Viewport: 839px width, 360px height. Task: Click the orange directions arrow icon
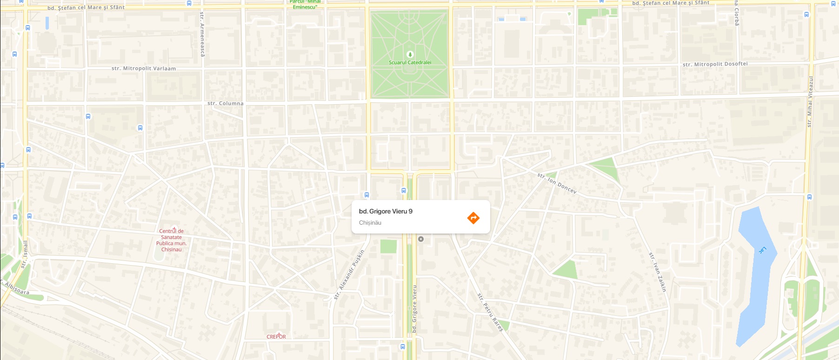pyautogui.click(x=473, y=218)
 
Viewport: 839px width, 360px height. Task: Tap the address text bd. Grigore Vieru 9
pyautogui.click(x=386, y=211)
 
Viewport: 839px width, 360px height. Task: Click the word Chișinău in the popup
pyautogui.click(x=370, y=223)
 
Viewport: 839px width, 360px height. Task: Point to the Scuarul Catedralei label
pyautogui.click(x=410, y=62)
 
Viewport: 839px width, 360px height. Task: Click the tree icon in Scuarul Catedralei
pyautogui.click(x=410, y=54)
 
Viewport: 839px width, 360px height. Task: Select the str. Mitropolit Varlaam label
pyautogui.click(x=144, y=68)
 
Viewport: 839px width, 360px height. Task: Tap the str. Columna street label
pyautogui.click(x=225, y=103)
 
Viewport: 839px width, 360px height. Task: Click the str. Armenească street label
pyautogui.click(x=202, y=34)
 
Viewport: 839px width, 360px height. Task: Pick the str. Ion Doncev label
pyautogui.click(x=557, y=183)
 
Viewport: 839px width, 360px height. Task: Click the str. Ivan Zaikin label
pyautogui.click(x=658, y=272)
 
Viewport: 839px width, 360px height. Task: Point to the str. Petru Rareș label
pyautogui.click(x=490, y=312)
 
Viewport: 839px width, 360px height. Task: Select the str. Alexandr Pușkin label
pyautogui.click(x=349, y=274)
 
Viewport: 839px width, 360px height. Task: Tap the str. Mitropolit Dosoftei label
pyautogui.click(x=715, y=64)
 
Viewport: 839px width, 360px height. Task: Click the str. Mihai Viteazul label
pyautogui.click(x=810, y=101)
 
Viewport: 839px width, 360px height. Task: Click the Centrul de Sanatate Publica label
pyautogui.click(x=171, y=240)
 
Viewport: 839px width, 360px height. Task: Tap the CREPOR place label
pyautogui.click(x=276, y=336)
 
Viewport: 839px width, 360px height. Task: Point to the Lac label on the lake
pyautogui.click(x=762, y=251)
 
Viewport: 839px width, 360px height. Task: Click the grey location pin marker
pyautogui.click(x=421, y=239)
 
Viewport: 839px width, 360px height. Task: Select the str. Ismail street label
pyautogui.click(x=24, y=254)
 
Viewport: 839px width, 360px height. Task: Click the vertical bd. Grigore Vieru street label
pyautogui.click(x=414, y=308)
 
